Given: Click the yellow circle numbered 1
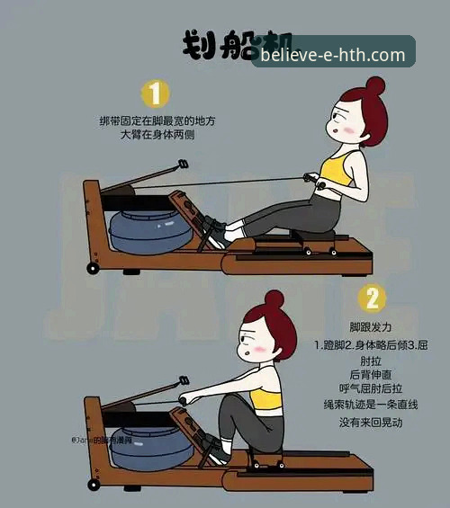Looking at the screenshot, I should (x=155, y=94).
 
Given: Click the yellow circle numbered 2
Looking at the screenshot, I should (x=371, y=299).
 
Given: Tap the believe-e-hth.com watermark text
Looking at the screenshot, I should (x=333, y=55).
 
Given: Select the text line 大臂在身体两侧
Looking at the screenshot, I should (x=157, y=135).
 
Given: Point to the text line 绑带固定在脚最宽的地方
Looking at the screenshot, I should (x=157, y=120).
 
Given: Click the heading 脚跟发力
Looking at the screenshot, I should (x=371, y=326).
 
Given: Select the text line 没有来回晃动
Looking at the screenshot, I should (x=371, y=422).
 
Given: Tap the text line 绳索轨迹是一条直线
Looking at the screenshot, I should (x=371, y=406).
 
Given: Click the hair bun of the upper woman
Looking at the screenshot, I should (x=375, y=85).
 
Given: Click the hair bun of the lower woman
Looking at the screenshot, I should (x=274, y=299).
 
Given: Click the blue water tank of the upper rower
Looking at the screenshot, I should (x=149, y=232).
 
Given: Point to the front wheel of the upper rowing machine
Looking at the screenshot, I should (x=92, y=268).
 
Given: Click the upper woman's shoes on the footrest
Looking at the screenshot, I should (x=213, y=230).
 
